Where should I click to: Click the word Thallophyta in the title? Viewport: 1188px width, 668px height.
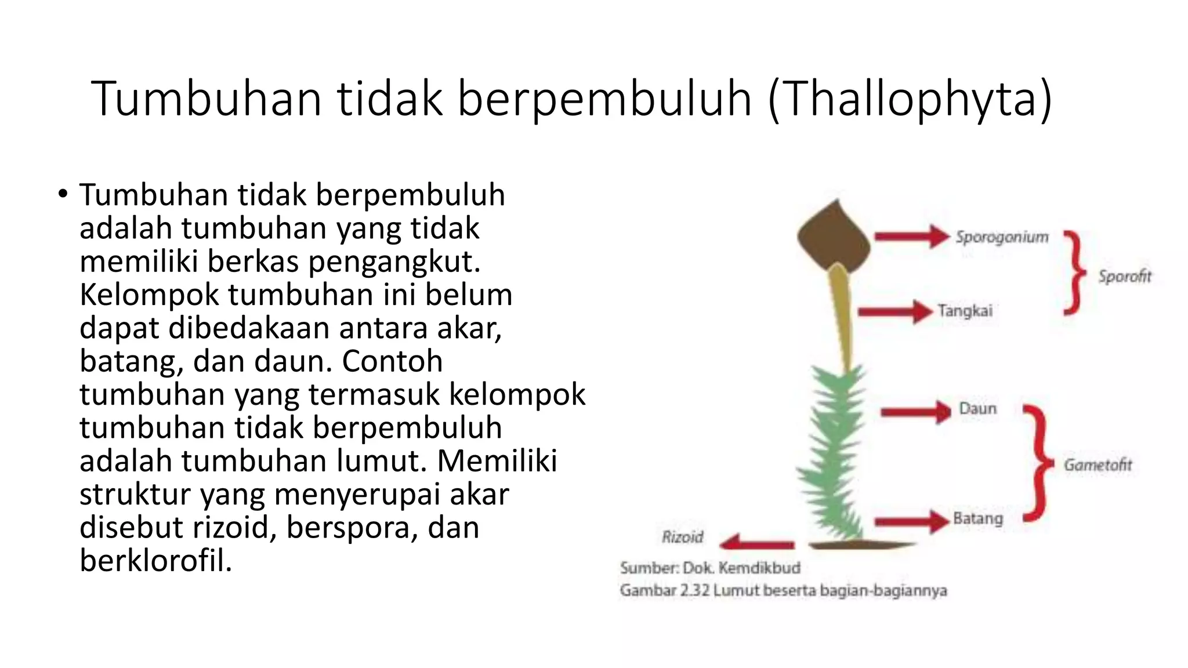click(910, 100)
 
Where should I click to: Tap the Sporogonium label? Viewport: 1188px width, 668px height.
click(1002, 237)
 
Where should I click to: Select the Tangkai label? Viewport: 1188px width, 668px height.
click(965, 311)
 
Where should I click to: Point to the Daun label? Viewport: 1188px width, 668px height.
click(977, 409)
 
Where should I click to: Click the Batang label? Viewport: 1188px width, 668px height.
click(977, 518)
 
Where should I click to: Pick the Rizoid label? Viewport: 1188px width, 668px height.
click(682, 537)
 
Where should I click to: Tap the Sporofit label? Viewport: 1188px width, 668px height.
click(1124, 276)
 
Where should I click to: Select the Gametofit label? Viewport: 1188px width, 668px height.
click(1098, 464)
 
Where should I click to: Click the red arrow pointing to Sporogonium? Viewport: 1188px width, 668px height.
click(911, 236)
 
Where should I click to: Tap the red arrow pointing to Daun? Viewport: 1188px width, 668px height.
click(915, 412)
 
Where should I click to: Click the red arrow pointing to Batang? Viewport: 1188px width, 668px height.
click(911, 521)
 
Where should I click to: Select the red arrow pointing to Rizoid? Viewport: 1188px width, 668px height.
click(756, 543)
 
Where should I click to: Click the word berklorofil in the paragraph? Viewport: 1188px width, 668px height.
click(155, 560)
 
